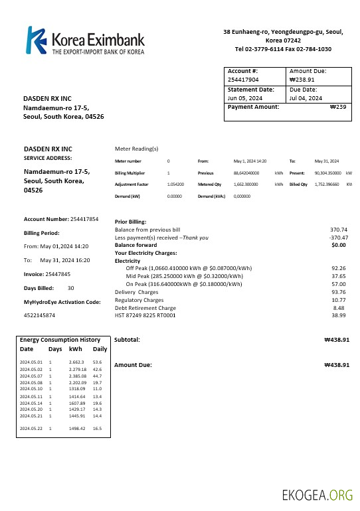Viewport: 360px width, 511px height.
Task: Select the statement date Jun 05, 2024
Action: pos(242,98)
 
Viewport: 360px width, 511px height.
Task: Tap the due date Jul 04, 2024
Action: pos(306,98)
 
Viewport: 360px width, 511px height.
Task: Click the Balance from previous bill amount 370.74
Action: pos(339,230)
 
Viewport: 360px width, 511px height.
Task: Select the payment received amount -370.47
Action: pos(339,237)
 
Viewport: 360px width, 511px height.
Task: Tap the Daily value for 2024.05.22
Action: pos(97,429)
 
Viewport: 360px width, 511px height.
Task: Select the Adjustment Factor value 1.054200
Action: pos(175,184)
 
